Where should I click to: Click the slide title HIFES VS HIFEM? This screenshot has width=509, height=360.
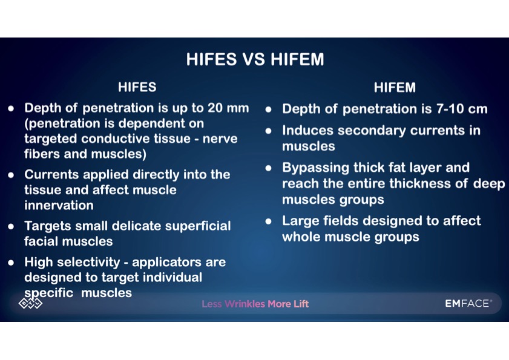coord(255,59)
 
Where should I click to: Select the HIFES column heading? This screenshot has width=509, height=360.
coord(137,87)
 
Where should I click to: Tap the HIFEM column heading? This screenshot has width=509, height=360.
coord(395,87)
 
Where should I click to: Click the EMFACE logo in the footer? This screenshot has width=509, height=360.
coord(468,304)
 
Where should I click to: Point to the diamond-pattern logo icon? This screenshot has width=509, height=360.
coord(30,303)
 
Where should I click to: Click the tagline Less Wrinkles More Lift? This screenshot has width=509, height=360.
coord(255,304)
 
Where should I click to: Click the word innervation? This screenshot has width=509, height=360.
coord(59,205)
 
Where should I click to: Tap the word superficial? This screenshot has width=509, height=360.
coord(198,226)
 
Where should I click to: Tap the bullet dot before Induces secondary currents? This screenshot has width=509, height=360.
coord(269,131)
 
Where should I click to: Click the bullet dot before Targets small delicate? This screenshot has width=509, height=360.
coord(11,226)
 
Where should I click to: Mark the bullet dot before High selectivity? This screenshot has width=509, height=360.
coord(11,263)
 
